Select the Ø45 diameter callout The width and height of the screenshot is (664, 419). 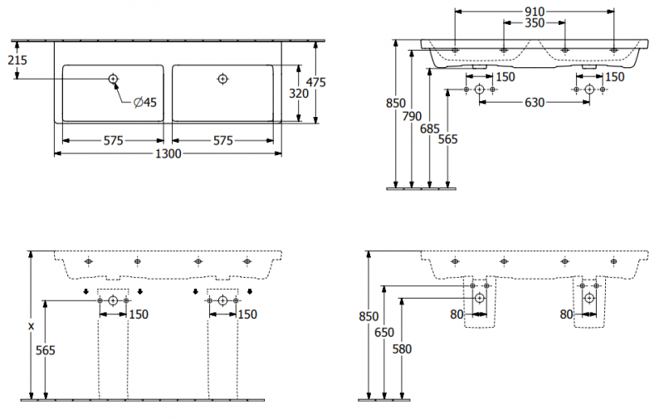tap(144, 103)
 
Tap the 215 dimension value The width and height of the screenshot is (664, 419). tap(17, 59)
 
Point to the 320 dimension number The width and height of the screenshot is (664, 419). tap(298, 94)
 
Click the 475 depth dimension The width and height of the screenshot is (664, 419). tap(315, 82)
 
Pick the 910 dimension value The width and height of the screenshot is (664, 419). tap(535, 11)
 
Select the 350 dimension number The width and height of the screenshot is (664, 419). tap(534, 23)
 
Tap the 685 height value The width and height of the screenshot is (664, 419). tap(429, 129)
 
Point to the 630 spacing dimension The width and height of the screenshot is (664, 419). tap(534, 103)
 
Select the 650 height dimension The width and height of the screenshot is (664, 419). tap(383, 332)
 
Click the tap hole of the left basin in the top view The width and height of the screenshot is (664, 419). tap(113, 79)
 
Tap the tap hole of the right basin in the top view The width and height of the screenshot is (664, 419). tap(222, 79)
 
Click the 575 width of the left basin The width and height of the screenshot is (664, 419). tap(114, 140)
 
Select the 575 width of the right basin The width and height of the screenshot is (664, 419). tap(222, 140)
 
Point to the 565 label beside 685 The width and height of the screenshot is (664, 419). tap(447, 139)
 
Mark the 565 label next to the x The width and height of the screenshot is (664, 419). tap(46, 351)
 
